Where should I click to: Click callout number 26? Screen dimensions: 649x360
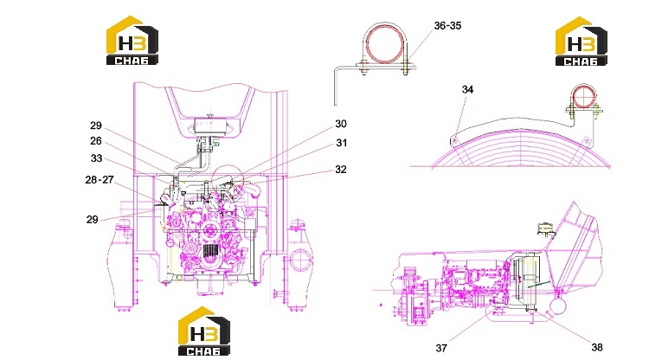point(95,141)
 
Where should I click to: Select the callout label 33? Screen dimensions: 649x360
point(96,158)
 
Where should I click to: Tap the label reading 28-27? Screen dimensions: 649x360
point(100,180)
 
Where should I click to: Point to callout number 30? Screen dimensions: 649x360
point(341,124)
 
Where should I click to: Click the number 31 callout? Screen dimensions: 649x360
point(341,143)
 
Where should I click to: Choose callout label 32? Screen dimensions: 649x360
point(341,170)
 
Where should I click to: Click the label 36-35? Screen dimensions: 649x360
point(447,26)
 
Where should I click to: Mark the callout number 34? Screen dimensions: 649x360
point(467,89)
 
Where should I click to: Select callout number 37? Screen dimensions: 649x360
point(441,348)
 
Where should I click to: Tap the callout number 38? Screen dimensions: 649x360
point(596,347)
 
